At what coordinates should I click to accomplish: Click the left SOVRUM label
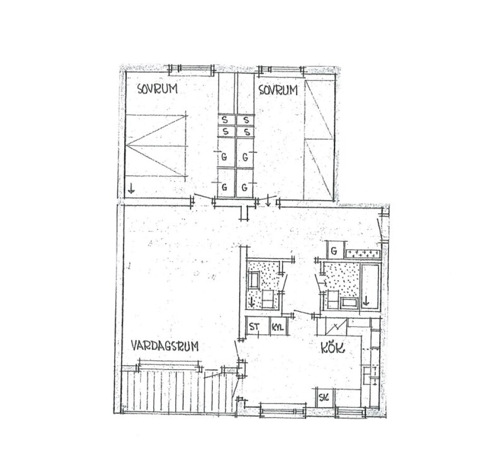click(157, 88)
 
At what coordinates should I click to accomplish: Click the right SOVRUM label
click(278, 90)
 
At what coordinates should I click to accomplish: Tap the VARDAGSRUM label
click(165, 346)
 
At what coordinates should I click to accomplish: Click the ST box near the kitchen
click(258, 327)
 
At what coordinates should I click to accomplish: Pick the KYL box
click(278, 327)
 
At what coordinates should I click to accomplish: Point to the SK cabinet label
click(324, 398)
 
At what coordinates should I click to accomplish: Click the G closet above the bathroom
click(335, 251)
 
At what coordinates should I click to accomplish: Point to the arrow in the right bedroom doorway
click(268, 201)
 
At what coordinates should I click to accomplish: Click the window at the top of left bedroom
click(192, 70)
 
